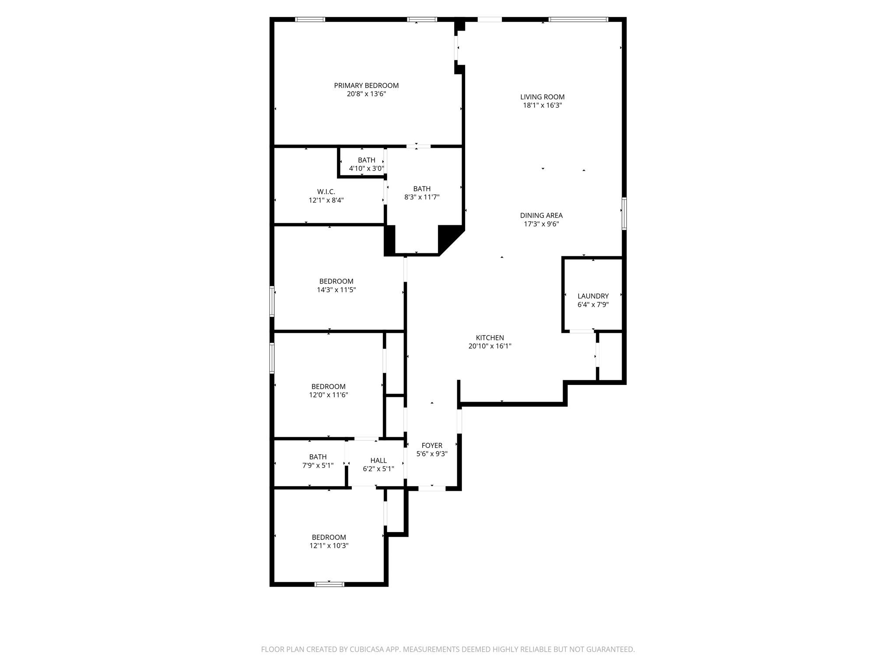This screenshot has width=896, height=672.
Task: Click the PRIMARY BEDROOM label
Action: coord(366,86)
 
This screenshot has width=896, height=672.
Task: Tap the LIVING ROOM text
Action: coord(542,97)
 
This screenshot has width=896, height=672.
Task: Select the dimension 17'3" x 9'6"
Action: coord(541,224)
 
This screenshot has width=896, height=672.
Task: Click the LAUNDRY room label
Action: coord(593,296)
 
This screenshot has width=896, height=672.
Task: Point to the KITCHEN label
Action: coord(490,338)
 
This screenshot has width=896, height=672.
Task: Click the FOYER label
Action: coord(432,446)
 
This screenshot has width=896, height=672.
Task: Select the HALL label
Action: coord(378,461)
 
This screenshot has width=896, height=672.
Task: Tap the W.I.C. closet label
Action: coord(326,192)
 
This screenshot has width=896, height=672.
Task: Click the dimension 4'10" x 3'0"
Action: coord(366,168)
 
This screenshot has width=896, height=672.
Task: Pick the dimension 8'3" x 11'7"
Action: coord(421,197)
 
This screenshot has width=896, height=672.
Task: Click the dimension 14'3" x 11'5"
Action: coord(336,290)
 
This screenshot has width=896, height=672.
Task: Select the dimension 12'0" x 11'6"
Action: coord(328,395)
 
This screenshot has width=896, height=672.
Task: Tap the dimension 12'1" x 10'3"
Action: coord(329,546)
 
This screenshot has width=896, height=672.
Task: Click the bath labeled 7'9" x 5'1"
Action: coord(318,461)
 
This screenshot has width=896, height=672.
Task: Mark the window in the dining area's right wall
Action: coord(624,213)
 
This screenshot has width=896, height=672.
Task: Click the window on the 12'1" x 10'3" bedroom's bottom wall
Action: coord(329,584)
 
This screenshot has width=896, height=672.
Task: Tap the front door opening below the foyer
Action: coord(432,488)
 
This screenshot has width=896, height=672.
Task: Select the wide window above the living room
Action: coord(578,19)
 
